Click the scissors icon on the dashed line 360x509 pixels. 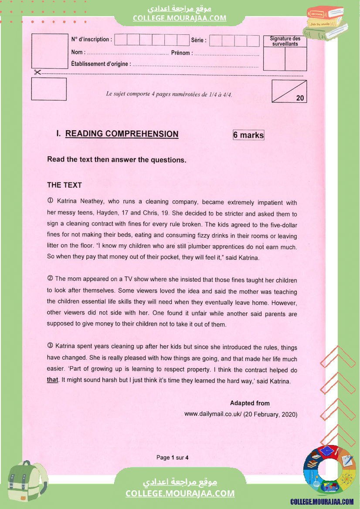[37, 72]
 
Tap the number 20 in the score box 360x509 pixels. [300, 98]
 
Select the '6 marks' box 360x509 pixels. [248, 135]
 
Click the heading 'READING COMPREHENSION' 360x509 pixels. [122, 134]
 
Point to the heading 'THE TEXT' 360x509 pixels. [65, 185]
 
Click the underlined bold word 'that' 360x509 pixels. [52, 380]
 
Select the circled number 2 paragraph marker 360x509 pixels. [50, 279]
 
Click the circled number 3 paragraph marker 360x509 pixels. [50, 346]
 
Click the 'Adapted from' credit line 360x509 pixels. [250, 403]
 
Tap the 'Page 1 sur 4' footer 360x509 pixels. [172, 458]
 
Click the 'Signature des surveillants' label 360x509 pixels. [285, 41]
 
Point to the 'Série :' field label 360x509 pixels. [199, 40]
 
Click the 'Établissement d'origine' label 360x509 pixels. [100, 64]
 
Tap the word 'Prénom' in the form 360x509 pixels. [180, 53]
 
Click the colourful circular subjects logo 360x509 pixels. [329, 470]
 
